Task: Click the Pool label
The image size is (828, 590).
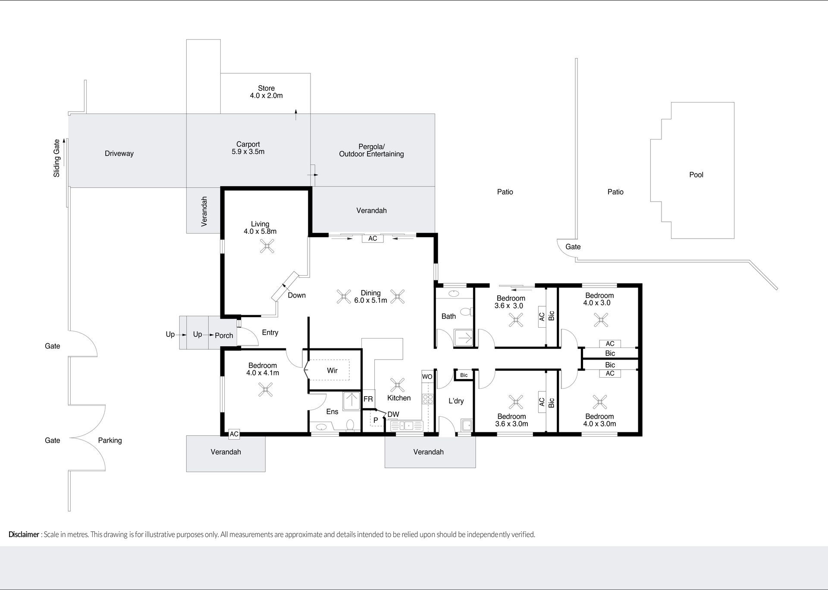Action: (x=696, y=174)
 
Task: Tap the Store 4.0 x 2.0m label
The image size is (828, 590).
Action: (x=266, y=92)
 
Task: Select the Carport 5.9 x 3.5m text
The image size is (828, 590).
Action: (x=248, y=148)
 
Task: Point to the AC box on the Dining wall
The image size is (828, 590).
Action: (x=373, y=238)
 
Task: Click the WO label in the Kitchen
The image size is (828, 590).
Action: (x=427, y=376)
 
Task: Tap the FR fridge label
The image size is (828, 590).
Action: (x=368, y=399)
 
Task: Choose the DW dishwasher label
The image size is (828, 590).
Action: (x=393, y=414)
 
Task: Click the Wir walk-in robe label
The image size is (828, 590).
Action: (x=332, y=370)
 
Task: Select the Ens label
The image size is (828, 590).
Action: (x=332, y=412)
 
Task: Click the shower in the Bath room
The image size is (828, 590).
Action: (x=464, y=338)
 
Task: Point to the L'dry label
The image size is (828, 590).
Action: (x=456, y=401)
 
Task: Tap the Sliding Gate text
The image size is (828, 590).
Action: (x=56, y=158)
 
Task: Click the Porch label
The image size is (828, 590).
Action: (x=224, y=335)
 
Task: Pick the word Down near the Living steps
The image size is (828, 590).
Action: (x=297, y=295)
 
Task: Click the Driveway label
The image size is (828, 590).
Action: (x=119, y=153)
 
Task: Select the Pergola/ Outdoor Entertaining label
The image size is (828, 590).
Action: (x=371, y=150)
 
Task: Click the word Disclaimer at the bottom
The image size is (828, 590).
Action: (x=24, y=534)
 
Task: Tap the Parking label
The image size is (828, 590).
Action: (x=110, y=441)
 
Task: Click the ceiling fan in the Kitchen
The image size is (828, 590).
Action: (x=397, y=385)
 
